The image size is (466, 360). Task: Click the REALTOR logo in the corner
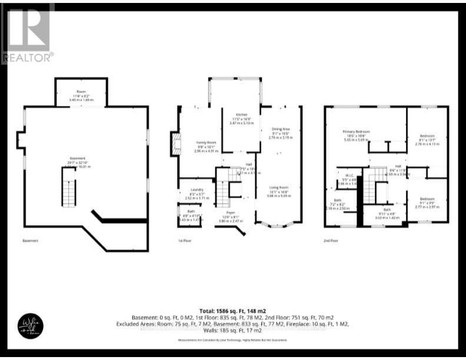pyautogui.click(x=27, y=33)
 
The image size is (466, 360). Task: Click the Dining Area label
pyautogui.click(x=280, y=132)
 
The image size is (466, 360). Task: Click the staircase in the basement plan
pyautogui.click(x=69, y=186)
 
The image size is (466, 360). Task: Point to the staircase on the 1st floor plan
pyautogui.click(x=222, y=189)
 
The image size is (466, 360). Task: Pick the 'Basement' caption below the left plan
pyautogui.click(x=30, y=241)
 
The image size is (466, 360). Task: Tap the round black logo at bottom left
pyautogui.click(x=29, y=325)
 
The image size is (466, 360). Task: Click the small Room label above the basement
pyautogui.click(x=81, y=93)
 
